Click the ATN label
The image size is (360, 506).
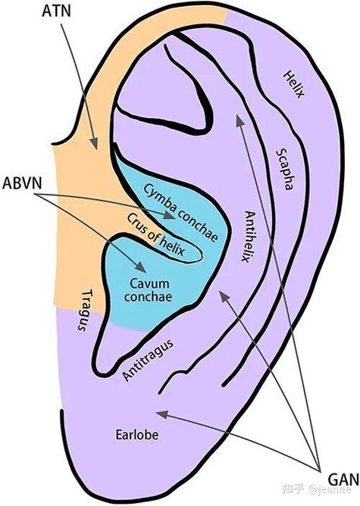point(56,11)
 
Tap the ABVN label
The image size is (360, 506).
point(22,183)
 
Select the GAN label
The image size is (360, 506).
point(343,479)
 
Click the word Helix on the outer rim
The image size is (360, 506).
point(293,85)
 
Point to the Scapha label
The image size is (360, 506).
point(285,170)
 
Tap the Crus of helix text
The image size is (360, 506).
point(156,235)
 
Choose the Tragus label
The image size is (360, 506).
point(84,310)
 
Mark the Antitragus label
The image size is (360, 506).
point(148,360)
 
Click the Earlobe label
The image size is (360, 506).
point(137,435)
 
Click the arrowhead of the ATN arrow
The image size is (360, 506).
point(94,143)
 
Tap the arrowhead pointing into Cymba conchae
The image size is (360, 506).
point(170,215)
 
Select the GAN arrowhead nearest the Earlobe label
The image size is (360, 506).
point(161,414)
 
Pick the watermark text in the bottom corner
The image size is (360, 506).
point(316,489)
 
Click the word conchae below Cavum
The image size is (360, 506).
point(148,297)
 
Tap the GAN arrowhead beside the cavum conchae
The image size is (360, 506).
point(224,296)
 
